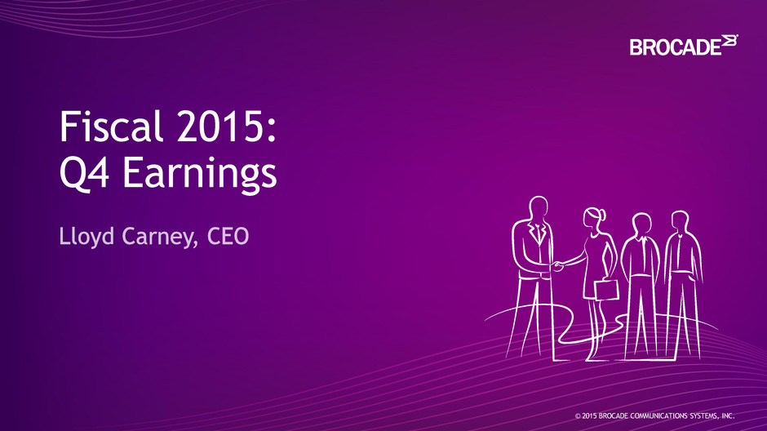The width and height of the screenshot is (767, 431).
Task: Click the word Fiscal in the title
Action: (x=110, y=126)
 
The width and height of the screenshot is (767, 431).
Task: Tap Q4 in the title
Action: (x=84, y=172)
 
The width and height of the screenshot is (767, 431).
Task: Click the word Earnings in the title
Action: (x=200, y=174)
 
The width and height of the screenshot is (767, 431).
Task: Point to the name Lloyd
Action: (x=87, y=237)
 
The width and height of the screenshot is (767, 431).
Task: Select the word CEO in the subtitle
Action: (x=228, y=236)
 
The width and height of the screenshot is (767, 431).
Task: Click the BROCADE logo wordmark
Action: (x=676, y=47)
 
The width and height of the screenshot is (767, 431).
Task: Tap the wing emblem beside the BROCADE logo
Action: (x=729, y=41)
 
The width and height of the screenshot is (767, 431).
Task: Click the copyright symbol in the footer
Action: (x=578, y=416)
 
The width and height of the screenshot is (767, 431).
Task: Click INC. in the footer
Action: (x=728, y=415)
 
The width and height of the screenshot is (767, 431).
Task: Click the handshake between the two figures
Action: (x=557, y=266)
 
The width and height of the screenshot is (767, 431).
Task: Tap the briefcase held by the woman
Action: (x=606, y=289)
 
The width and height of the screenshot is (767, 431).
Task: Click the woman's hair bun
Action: (x=603, y=215)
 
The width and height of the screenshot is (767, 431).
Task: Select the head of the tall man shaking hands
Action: (x=539, y=209)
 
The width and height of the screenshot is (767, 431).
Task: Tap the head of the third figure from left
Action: (x=642, y=224)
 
